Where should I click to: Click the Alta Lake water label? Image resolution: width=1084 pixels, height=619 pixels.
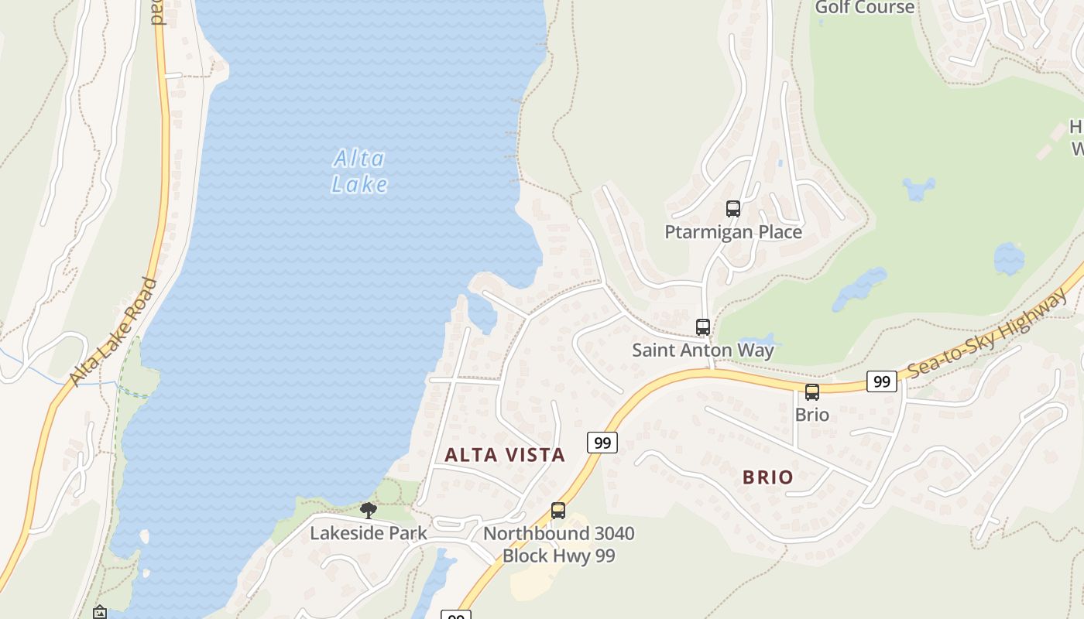pos(359,171)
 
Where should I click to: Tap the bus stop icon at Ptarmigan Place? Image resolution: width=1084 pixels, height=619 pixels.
pos(732,208)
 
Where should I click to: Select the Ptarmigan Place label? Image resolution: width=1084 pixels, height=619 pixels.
pos(732,231)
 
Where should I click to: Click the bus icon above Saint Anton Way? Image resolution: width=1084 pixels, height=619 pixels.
pos(702,327)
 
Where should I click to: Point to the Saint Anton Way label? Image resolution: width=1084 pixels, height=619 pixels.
pos(702,350)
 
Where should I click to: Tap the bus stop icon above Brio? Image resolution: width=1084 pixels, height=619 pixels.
pos(811,392)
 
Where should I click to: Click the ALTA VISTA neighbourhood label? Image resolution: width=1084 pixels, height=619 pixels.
pos(505,455)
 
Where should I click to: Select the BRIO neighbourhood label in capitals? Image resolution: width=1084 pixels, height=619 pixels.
pos(767,477)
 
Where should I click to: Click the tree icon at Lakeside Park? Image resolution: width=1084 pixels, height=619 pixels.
pos(369,510)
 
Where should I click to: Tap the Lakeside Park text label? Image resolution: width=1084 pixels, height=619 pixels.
pos(369,533)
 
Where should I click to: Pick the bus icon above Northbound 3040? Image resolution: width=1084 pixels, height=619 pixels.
pos(557,511)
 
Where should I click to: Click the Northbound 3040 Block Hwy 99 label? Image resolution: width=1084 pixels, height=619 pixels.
pos(558,544)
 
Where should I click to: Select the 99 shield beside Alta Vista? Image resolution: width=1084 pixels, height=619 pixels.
pos(602,443)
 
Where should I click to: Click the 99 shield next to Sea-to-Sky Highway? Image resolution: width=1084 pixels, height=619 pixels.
pos(881,381)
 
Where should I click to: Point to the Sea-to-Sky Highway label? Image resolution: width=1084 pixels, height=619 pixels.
pos(988,333)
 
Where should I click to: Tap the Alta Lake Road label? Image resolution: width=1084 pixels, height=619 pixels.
pos(112,331)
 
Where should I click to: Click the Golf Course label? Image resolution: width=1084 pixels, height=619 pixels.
pos(864,8)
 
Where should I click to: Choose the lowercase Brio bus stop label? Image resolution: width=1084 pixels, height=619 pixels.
pos(811,415)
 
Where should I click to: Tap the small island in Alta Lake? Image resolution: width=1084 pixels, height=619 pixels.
pos(144,535)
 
